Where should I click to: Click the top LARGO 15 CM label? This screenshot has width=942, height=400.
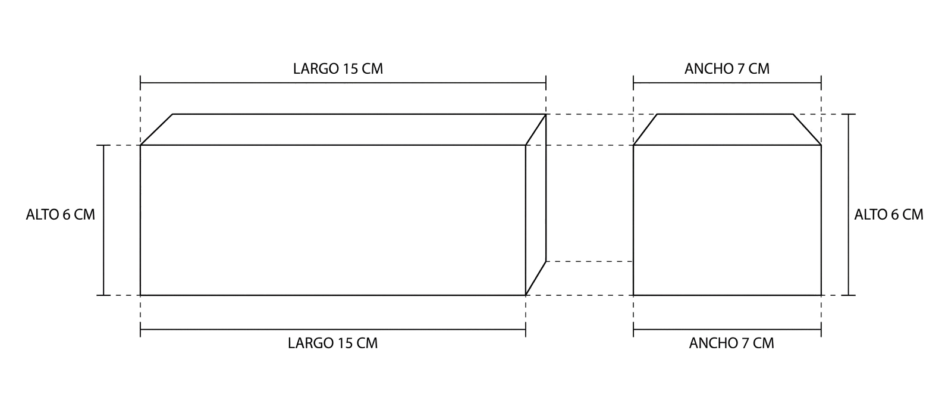pyautogui.click(x=338, y=68)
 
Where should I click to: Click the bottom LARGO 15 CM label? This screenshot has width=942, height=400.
pyautogui.click(x=332, y=343)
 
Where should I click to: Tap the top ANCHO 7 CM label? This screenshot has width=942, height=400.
pyautogui.click(x=727, y=68)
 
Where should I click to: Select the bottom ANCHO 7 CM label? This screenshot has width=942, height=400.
pyautogui.click(x=731, y=343)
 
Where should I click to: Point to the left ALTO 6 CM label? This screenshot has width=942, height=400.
pyautogui.click(x=61, y=215)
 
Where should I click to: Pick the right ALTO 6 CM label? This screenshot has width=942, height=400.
pyautogui.click(x=888, y=215)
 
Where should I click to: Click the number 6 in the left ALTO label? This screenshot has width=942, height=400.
pyautogui.click(x=67, y=215)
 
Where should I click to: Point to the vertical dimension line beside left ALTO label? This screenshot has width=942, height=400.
pyautogui.click(x=103, y=220)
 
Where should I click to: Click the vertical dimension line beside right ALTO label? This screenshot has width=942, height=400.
pyautogui.click(x=848, y=205)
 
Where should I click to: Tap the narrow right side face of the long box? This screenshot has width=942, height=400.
pyautogui.click(x=536, y=205)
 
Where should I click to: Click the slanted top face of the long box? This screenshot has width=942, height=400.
pyautogui.click(x=343, y=130)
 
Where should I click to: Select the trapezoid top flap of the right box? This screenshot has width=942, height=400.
pyautogui.click(x=727, y=130)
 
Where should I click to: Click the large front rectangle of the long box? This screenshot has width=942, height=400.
pyautogui.click(x=332, y=220)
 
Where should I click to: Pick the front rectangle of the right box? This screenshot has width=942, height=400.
pyautogui.click(x=727, y=220)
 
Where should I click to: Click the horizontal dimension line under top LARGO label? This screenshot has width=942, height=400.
pyautogui.click(x=343, y=83)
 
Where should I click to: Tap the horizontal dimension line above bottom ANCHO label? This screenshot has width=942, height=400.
pyautogui.click(x=727, y=330)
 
